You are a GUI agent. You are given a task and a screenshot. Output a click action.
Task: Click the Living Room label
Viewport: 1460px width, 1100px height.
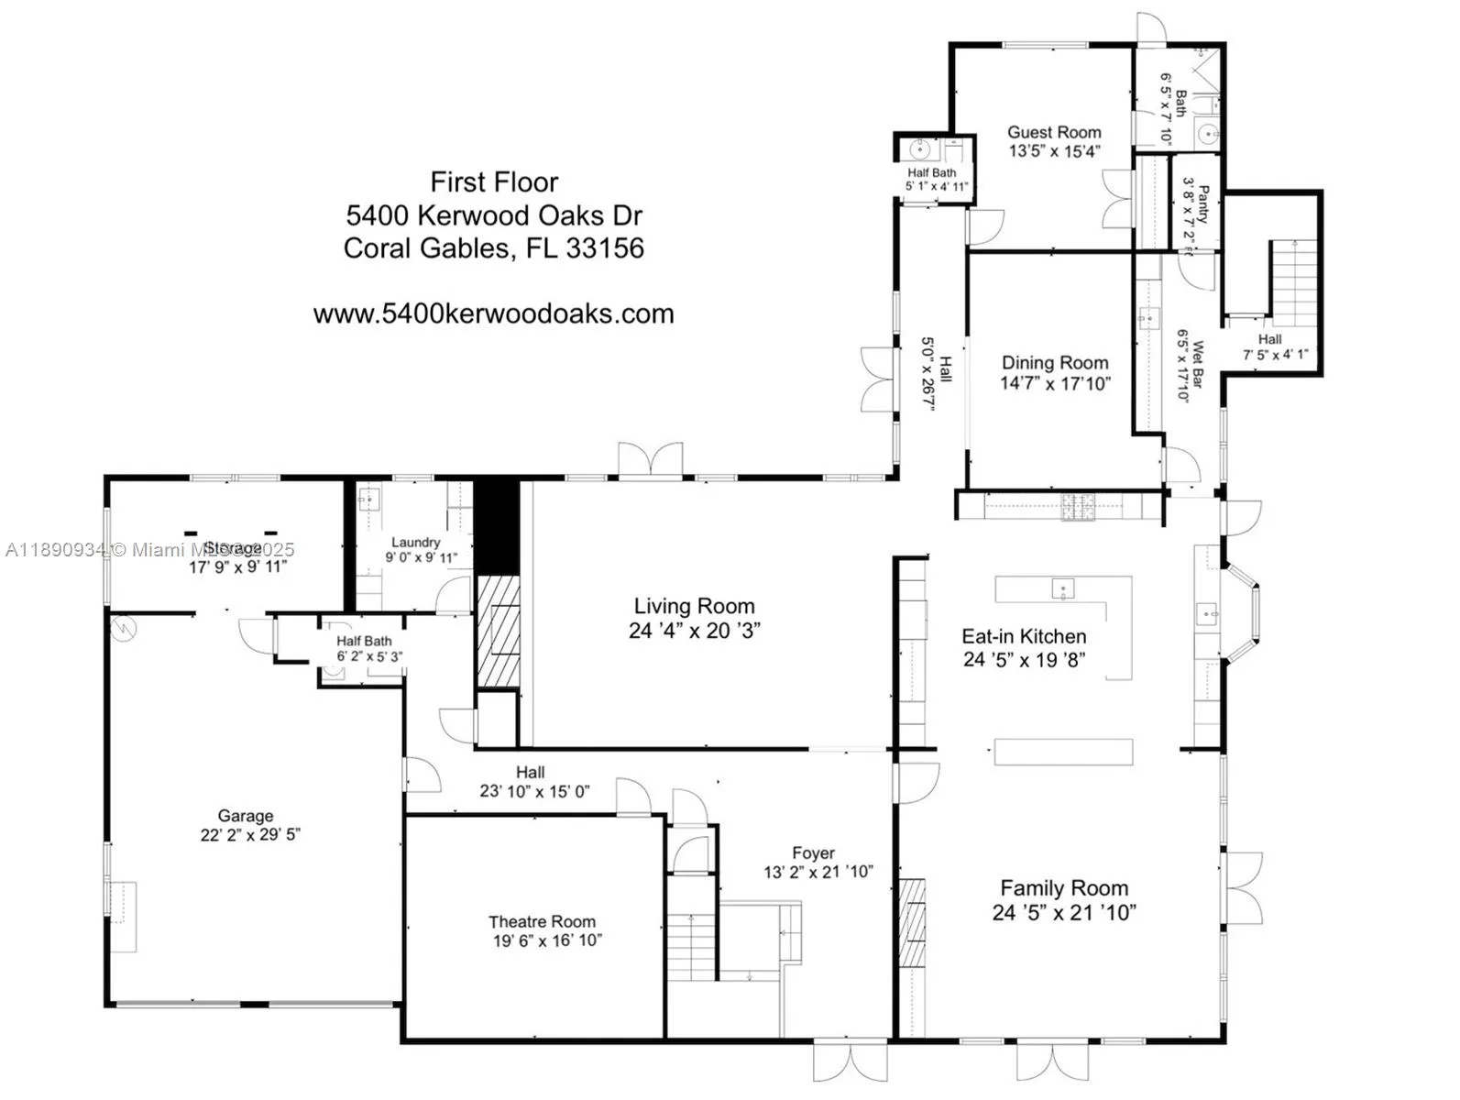[x=694, y=606]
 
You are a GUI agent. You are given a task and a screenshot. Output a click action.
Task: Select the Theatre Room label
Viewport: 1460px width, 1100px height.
[x=541, y=921]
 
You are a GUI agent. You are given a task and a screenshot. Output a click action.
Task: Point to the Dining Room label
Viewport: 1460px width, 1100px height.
[x=1054, y=363]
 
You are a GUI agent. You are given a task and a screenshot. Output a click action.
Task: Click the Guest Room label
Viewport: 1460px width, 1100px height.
[x=1054, y=132]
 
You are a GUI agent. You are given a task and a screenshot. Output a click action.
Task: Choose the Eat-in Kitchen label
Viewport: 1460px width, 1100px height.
[x=1024, y=636]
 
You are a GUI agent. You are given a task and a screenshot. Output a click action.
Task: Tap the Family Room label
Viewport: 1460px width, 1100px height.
[x=1063, y=887]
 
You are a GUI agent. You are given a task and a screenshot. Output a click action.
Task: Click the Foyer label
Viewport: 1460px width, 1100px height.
[x=813, y=852]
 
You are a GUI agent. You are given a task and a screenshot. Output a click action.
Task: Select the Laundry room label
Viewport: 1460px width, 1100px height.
[x=415, y=543]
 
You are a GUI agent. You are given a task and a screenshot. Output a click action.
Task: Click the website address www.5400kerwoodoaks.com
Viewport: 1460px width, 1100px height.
[x=493, y=313]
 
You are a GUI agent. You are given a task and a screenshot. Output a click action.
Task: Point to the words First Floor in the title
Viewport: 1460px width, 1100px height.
[x=494, y=181]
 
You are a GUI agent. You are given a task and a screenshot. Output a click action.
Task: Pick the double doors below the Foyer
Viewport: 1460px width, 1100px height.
[x=851, y=1061]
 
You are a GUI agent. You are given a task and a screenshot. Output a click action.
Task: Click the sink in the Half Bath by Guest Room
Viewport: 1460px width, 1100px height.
[x=919, y=148]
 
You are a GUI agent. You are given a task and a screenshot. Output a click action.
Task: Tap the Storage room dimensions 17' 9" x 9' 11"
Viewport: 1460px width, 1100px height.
[x=237, y=567]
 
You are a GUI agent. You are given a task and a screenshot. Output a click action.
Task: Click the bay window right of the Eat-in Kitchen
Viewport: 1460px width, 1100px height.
[x=1245, y=612]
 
